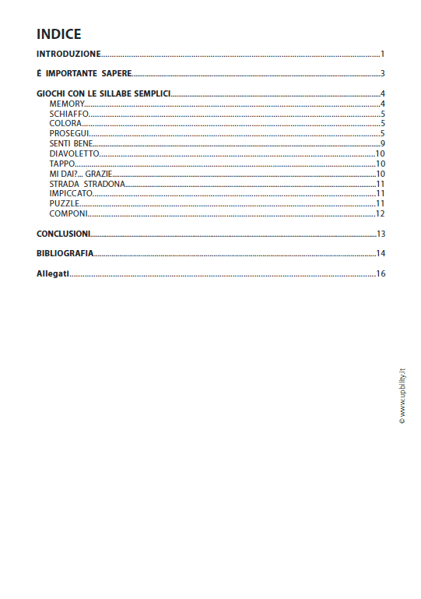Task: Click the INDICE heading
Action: pyautogui.click(x=58, y=34)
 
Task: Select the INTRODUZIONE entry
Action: pyautogui.click(x=68, y=55)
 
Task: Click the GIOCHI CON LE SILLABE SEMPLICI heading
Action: pyautogui.click(x=103, y=94)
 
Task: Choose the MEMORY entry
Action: pyautogui.click(x=66, y=104)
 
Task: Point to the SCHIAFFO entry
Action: pyautogui.click(x=68, y=114)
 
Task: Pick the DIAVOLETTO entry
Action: pyautogui.click(x=74, y=153)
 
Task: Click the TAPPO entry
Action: pyautogui.click(x=62, y=164)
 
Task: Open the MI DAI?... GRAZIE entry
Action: pyautogui.click(x=81, y=174)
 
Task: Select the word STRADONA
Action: pyautogui.click(x=103, y=184)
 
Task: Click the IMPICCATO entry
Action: pyautogui.click(x=71, y=193)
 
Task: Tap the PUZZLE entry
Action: pyautogui.click(x=64, y=203)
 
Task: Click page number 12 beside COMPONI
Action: pyautogui.click(x=381, y=213)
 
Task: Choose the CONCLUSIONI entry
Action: pyautogui.click(x=63, y=234)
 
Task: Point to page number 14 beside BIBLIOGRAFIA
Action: pyautogui.click(x=381, y=253)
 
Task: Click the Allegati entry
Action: pyautogui.click(x=53, y=273)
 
